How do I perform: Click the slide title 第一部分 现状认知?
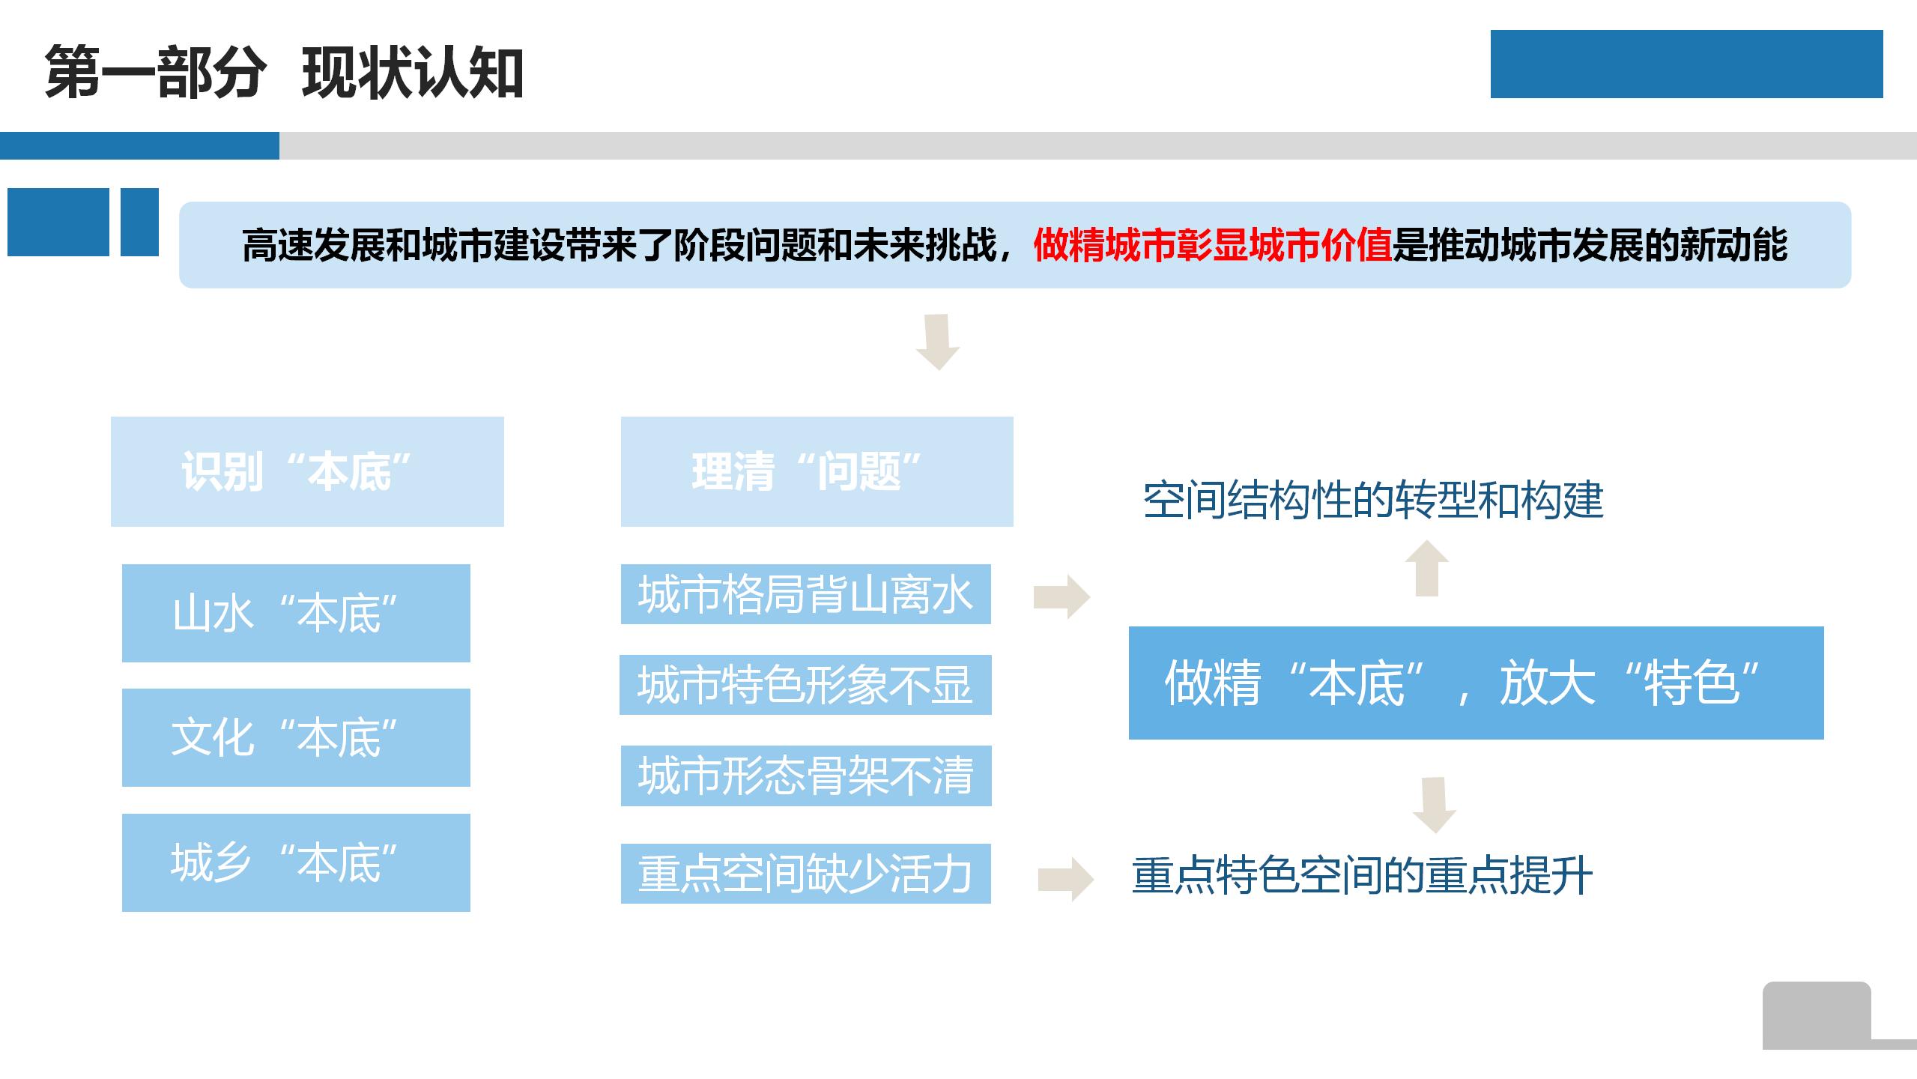click(x=284, y=73)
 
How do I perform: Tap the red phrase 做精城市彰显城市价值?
click(x=1212, y=245)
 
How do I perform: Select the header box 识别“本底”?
click(x=307, y=471)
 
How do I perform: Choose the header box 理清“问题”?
click(x=817, y=471)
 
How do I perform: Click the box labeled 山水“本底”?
click(x=296, y=613)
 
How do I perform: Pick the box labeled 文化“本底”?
click(x=296, y=737)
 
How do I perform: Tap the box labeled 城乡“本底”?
click(x=296, y=862)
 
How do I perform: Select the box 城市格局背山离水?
click(x=806, y=594)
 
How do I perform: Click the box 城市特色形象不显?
click(x=805, y=685)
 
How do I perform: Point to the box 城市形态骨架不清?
click(x=806, y=776)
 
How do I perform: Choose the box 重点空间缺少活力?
click(x=806, y=874)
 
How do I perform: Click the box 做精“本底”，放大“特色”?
click(x=1476, y=683)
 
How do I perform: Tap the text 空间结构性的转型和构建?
click(x=1373, y=501)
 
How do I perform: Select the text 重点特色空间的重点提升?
click(x=1362, y=875)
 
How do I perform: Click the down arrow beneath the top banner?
click(x=937, y=342)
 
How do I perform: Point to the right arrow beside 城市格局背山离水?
click(x=1062, y=597)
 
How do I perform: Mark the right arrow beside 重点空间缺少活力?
click(x=1066, y=879)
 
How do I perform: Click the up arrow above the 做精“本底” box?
click(x=1427, y=568)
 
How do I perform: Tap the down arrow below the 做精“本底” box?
click(x=1434, y=806)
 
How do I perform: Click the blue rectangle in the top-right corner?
click(x=1686, y=64)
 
